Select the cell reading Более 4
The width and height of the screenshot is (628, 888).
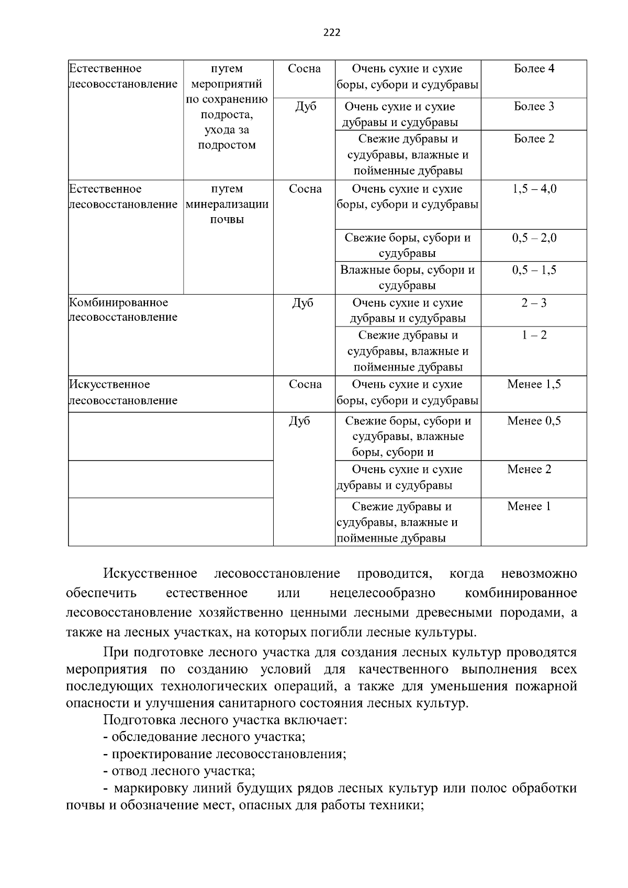[x=534, y=69]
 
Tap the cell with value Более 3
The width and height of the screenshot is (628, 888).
[x=534, y=107]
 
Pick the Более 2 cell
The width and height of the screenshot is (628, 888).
[x=534, y=139]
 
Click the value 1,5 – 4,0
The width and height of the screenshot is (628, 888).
[x=534, y=189]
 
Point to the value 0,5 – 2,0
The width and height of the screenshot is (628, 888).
[x=534, y=238]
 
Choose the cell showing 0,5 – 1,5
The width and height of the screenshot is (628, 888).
[x=534, y=270]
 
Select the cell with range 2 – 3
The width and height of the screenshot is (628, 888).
[x=534, y=303]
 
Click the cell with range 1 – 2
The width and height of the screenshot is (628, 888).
[x=534, y=335]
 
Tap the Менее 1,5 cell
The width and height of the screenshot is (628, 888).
[x=534, y=385]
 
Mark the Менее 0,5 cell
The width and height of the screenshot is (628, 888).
[x=534, y=421]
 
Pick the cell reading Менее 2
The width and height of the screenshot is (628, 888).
[x=529, y=469]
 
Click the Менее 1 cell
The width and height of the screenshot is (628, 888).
[x=529, y=507]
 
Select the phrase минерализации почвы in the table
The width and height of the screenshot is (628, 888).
[x=227, y=212]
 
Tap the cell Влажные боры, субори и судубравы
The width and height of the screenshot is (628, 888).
[x=407, y=278]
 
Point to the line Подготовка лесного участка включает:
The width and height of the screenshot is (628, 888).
[x=225, y=720]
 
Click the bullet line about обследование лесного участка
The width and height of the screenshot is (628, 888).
[x=204, y=737]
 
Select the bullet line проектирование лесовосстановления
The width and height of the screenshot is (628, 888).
[x=225, y=754]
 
